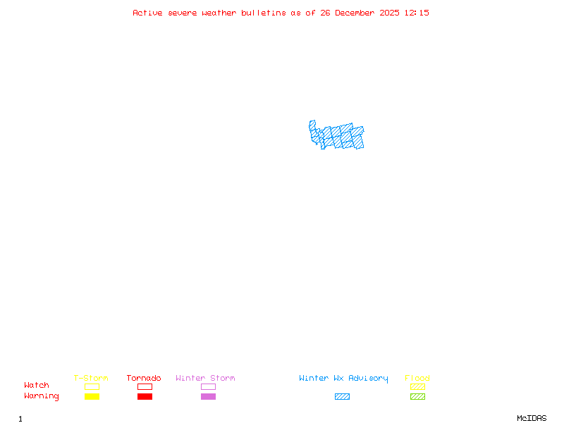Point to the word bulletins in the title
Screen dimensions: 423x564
[263, 13]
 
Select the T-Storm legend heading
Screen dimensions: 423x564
[91, 378]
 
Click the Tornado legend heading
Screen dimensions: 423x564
[144, 378]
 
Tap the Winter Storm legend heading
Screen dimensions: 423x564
[205, 378]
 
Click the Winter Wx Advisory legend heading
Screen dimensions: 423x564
[343, 378]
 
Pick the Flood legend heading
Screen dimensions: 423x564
[417, 378]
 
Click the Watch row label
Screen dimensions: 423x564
[37, 386]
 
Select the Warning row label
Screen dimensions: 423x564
[42, 396]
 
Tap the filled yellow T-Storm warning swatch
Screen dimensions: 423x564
[92, 397]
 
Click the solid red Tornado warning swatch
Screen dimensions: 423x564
[145, 397]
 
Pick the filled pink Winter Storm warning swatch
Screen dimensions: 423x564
[208, 397]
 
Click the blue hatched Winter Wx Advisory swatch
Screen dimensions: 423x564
[342, 397]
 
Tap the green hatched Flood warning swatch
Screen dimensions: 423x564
[417, 397]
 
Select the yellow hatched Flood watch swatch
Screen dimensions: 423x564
[417, 386]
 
